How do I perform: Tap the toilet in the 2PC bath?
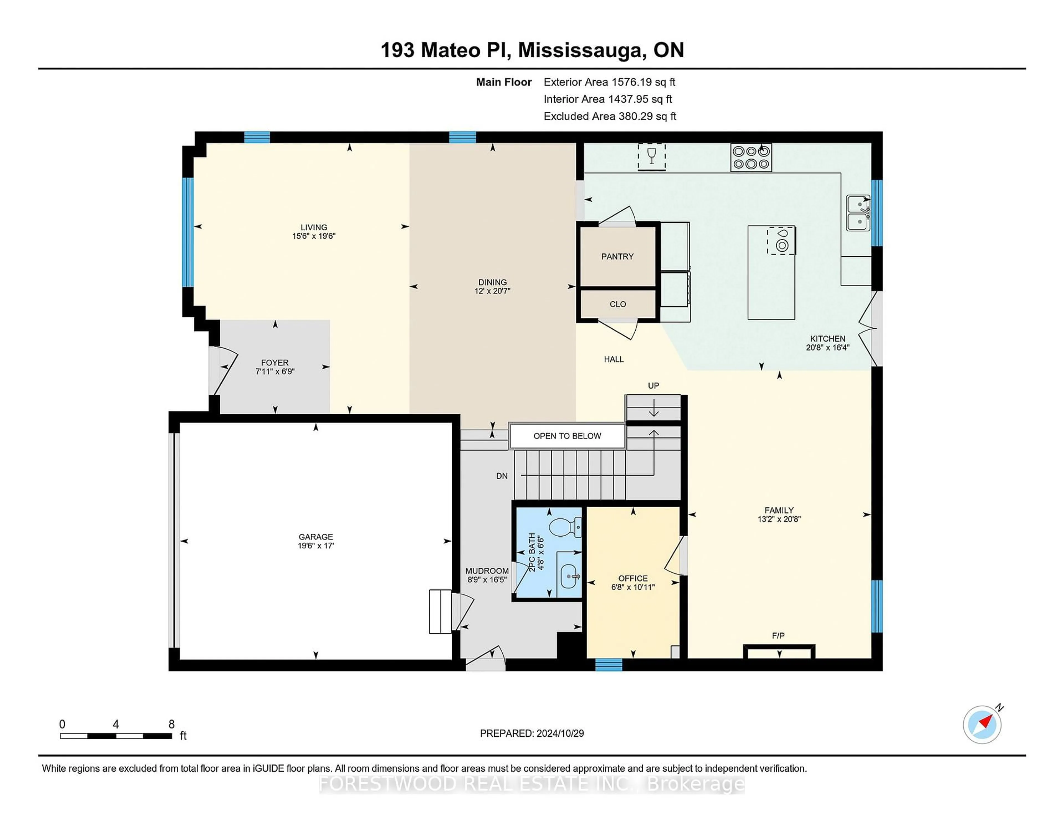tap(566, 527)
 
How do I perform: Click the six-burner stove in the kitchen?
tap(751, 157)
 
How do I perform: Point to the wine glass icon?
tap(651, 156)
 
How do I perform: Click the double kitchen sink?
tap(858, 213)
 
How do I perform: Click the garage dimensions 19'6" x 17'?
tap(316, 546)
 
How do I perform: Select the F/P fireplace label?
tap(778, 635)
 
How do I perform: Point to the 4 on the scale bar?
tap(116, 724)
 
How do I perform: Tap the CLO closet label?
tap(617, 304)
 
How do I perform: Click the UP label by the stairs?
tap(653, 386)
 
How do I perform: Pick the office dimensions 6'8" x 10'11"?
tap(633, 587)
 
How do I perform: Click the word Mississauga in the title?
tap(580, 50)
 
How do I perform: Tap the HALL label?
tap(613, 359)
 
